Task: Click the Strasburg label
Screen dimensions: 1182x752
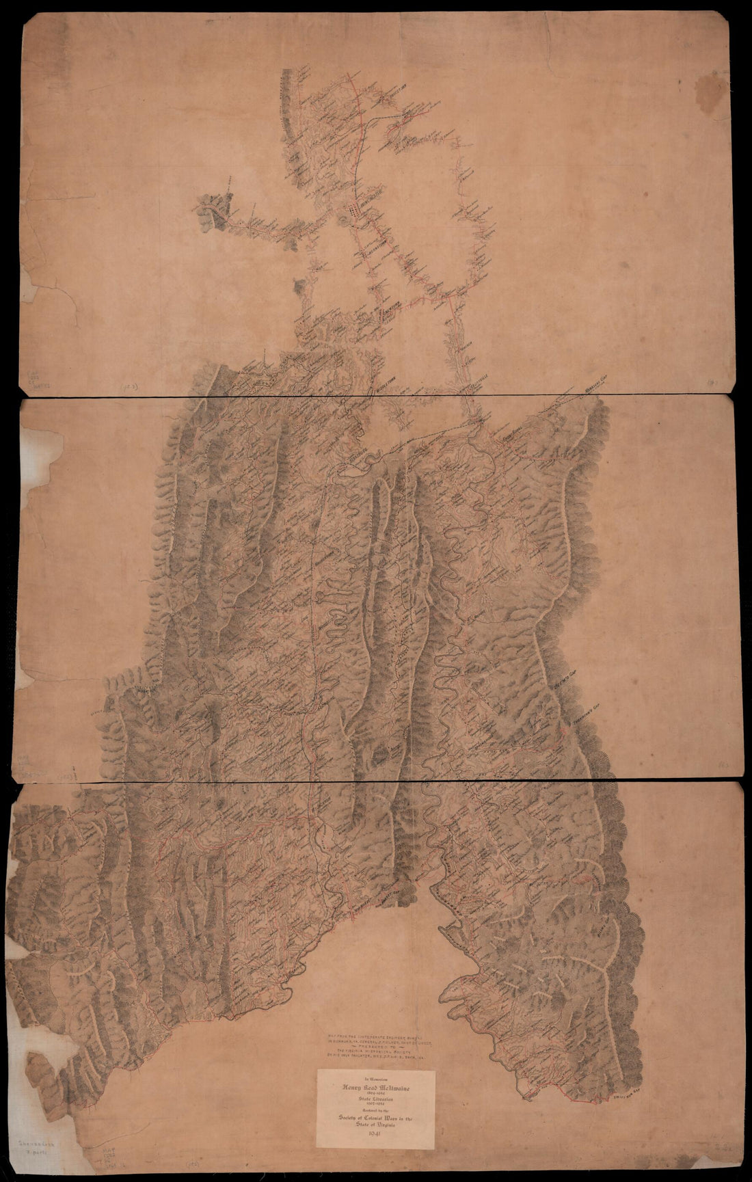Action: click(355, 455)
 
